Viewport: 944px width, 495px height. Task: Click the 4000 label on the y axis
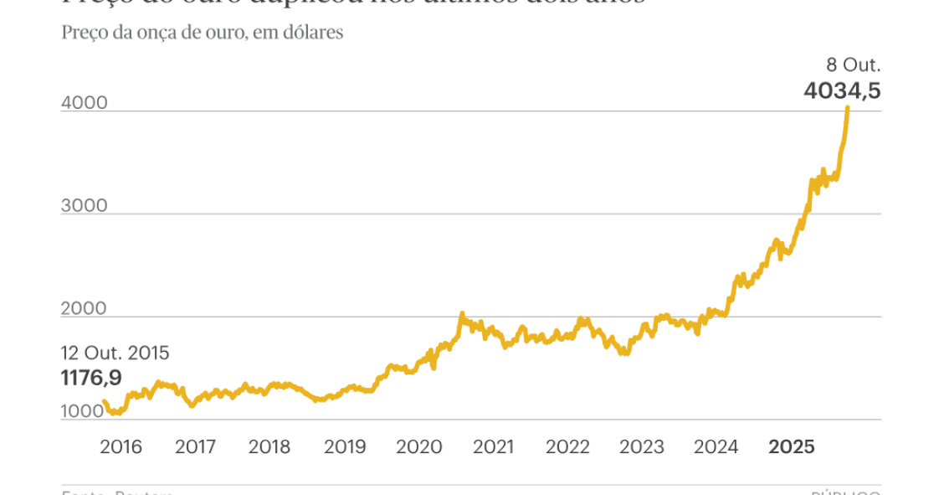point(85,103)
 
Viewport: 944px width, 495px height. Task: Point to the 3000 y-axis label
point(85,206)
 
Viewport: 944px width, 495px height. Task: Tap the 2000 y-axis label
point(85,309)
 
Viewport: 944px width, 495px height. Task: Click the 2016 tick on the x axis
point(121,447)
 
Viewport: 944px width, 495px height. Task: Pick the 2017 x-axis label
point(196,447)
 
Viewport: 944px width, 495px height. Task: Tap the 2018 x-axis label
point(270,447)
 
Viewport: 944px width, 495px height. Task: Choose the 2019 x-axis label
point(345,447)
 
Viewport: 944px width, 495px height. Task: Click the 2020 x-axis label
point(418,447)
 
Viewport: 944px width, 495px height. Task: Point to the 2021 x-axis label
point(494,447)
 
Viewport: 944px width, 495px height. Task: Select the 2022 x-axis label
point(568,447)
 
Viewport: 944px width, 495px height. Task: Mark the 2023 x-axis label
point(643,447)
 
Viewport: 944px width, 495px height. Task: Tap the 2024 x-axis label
point(717,447)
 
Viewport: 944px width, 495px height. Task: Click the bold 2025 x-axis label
point(792,447)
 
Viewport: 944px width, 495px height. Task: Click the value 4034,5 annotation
point(842,90)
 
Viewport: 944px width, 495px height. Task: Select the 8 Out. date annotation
point(854,64)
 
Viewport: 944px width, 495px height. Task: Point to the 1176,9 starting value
point(91,379)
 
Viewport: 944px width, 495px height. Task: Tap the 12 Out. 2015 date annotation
point(115,353)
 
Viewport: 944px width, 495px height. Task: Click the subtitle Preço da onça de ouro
point(203,34)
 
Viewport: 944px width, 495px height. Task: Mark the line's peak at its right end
point(848,108)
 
